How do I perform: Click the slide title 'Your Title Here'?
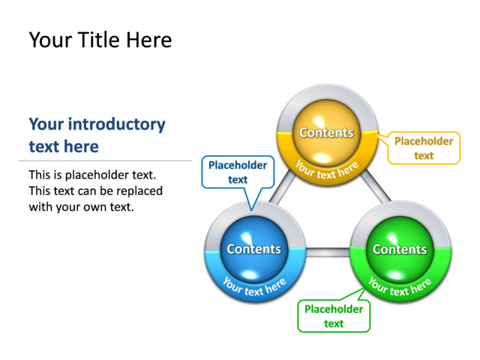coord(100,40)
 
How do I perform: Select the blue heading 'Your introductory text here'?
coord(97,135)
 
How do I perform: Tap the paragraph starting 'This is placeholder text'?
coord(95,190)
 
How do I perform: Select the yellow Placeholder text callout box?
coord(423,148)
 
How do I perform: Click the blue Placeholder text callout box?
coord(238,172)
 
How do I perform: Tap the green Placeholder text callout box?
coord(334,316)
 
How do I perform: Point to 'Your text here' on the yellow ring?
coord(326,169)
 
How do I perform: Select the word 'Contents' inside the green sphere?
coord(399,249)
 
